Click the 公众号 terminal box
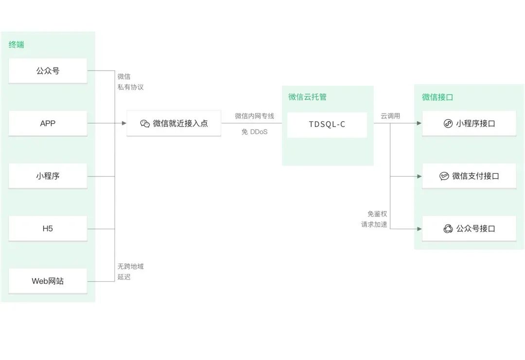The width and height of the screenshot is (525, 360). click(x=48, y=71)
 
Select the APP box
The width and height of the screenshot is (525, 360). click(x=48, y=124)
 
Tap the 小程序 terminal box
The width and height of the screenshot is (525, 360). click(x=48, y=176)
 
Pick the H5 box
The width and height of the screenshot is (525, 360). click(x=48, y=229)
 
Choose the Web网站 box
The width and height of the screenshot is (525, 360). click(x=48, y=281)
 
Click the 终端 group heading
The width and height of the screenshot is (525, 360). click(x=17, y=45)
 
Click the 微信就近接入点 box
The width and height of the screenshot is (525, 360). click(x=174, y=124)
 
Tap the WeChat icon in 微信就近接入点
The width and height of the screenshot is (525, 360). click(x=145, y=124)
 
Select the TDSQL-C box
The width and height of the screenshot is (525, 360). click(x=327, y=125)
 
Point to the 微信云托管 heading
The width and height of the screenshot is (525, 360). click(x=307, y=97)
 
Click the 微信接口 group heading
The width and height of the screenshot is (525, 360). click(x=437, y=97)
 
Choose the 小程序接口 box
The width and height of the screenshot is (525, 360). click(x=469, y=124)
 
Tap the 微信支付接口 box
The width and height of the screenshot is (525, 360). click(x=469, y=176)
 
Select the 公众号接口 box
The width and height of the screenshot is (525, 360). click(x=469, y=229)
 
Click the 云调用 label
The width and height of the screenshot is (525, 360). click(x=390, y=116)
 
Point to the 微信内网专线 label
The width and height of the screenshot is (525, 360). click(x=254, y=116)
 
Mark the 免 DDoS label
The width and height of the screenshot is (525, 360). click(x=254, y=132)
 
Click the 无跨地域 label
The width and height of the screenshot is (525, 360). click(x=130, y=267)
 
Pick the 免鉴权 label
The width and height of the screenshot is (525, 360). click(x=377, y=214)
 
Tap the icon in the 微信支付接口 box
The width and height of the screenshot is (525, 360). click(x=444, y=176)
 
